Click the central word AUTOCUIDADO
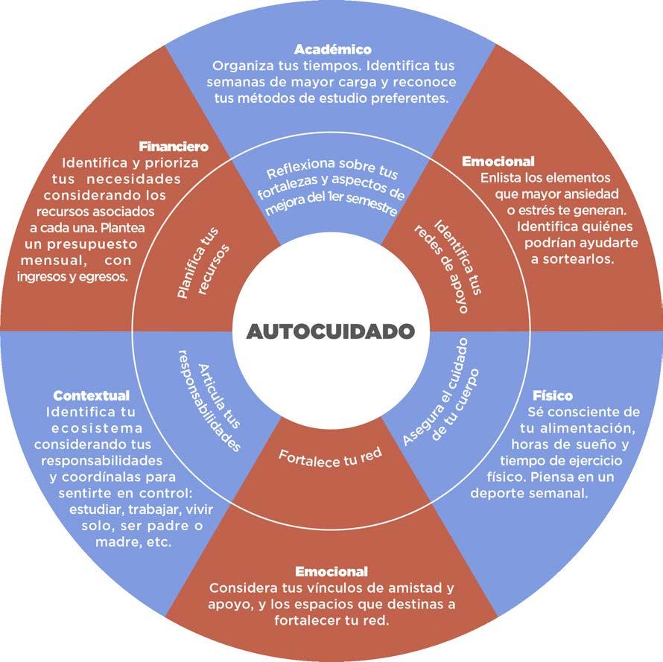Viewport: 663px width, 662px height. point(330,331)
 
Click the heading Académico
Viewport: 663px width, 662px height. point(332,50)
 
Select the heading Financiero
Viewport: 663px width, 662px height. point(173,147)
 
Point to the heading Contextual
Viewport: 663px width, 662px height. point(92,395)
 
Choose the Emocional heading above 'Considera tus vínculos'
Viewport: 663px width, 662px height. point(331,572)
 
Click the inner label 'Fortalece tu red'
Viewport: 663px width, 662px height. point(330,453)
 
